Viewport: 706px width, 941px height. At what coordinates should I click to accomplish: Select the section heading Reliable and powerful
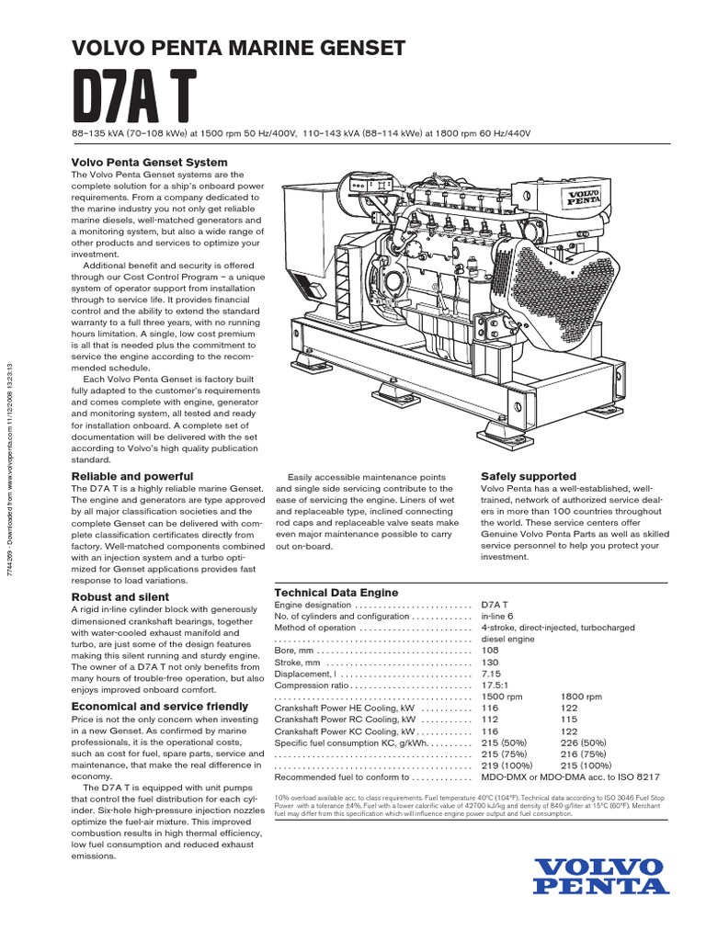click(x=132, y=476)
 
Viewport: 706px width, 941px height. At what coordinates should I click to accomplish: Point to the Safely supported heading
click(x=529, y=476)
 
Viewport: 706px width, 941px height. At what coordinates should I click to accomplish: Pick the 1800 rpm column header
click(x=580, y=697)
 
